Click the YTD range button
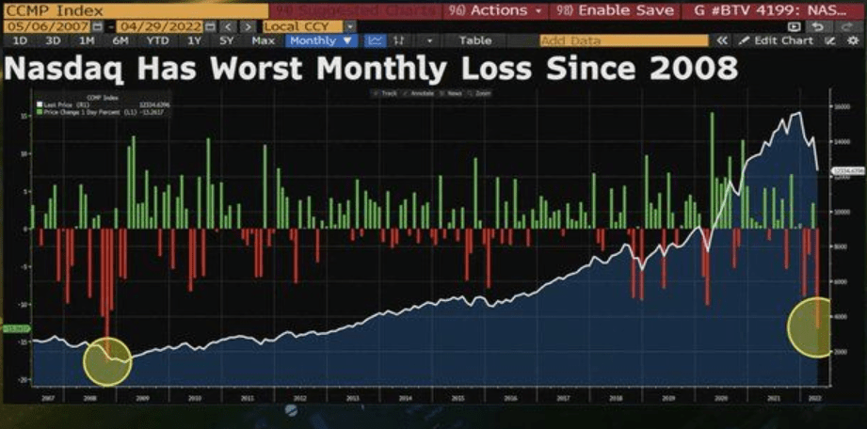click(x=157, y=41)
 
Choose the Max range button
click(x=265, y=41)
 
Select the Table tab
click(x=475, y=41)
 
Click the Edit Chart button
click(x=777, y=41)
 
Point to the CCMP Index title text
click(x=48, y=10)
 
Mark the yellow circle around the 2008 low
click(x=106, y=362)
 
